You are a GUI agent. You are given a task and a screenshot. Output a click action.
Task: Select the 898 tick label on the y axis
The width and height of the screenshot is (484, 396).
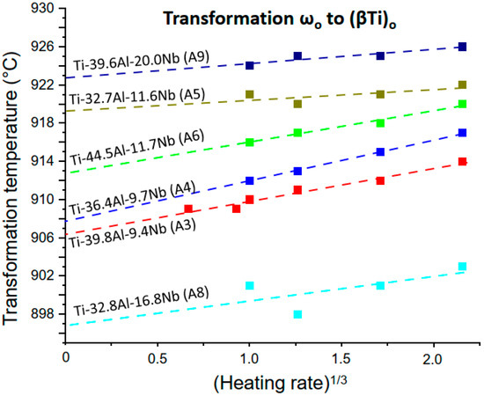point(44,314)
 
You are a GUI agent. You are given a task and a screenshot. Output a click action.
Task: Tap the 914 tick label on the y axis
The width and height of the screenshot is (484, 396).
point(44,161)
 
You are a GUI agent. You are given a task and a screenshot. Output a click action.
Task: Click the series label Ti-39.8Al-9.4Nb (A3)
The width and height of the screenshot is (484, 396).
point(132,226)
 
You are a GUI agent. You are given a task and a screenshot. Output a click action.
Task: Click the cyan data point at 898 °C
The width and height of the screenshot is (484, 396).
point(297,314)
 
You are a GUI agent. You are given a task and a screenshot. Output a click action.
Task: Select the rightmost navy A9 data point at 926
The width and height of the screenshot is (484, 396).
point(463,47)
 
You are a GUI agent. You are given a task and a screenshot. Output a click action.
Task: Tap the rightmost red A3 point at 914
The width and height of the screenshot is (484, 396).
point(463,162)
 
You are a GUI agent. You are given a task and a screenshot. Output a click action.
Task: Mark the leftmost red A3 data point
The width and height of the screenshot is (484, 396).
point(188,209)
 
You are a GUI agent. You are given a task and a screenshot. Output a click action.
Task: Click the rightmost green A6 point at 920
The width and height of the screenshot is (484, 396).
point(463,104)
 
